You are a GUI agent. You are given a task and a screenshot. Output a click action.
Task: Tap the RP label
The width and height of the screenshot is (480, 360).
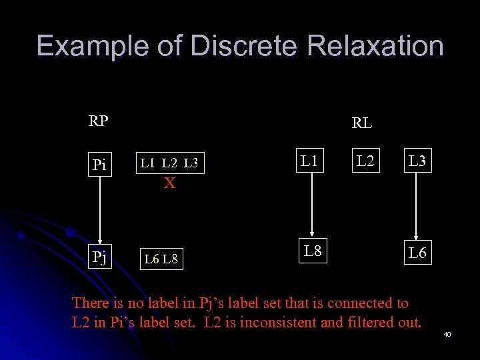pos(99,122)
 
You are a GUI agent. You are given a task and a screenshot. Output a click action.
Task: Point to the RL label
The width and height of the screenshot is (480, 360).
pos(362,123)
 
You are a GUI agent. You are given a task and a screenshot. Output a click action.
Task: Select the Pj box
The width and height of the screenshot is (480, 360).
pos(99,256)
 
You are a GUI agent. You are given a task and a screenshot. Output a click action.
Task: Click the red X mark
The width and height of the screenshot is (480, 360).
pos(170,183)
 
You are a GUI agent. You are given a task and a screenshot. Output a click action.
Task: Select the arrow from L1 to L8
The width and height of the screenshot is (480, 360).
pos(309,206)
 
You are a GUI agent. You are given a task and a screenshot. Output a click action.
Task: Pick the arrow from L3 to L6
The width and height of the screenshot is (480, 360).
pos(415,207)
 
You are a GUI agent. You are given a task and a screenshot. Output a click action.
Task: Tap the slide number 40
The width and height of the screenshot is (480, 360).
pos(447,333)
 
